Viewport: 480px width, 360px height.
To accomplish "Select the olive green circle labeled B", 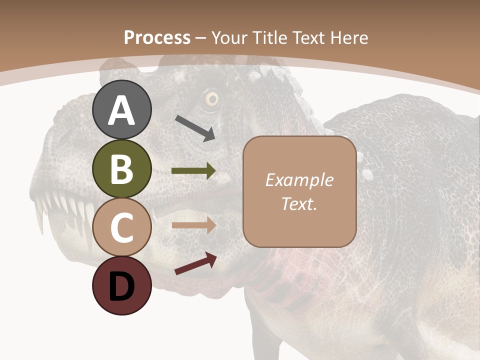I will click(x=122, y=168).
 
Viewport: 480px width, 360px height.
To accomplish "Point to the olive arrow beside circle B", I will click(x=193, y=171).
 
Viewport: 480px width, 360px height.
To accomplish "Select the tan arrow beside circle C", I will click(x=193, y=225).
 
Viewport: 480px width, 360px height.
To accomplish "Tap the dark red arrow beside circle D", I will click(x=195, y=263).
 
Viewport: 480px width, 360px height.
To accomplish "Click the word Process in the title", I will click(x=157, y=38).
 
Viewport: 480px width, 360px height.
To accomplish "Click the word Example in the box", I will click(x=299, y=180).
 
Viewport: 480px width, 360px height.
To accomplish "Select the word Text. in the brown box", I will click(x=299, y=204).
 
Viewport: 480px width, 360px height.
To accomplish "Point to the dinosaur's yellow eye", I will click(x=212, y=99).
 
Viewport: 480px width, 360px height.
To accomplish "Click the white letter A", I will click(x=122, y=110).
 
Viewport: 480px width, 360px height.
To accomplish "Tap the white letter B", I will click(x=122, y=169).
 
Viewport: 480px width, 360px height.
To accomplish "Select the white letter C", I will click(x=122, y=227).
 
